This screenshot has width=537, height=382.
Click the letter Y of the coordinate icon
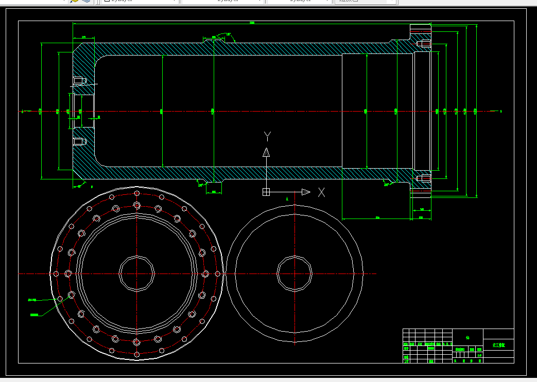tap(267, 136)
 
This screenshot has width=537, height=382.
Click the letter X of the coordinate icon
tap(322, 192)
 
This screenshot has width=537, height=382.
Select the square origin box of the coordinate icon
tap(266, 192)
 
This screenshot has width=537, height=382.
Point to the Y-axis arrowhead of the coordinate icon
tap(266, 152)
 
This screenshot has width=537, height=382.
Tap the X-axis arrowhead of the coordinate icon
tap(306, 192)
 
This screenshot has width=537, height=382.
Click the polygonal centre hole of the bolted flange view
tap(136, 274)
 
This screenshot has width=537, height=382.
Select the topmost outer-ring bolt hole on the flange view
tap(136, 193)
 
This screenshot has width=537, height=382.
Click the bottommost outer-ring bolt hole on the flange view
tap(136, 354)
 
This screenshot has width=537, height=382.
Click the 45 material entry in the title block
tap(467, 338)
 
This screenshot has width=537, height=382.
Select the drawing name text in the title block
tap(498, 345)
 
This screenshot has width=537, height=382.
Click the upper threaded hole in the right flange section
tap(425, 44)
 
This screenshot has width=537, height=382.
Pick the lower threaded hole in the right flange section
tap(425, 178)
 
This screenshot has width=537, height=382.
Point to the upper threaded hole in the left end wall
tap(78, 81)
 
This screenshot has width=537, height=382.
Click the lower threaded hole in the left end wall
tap(78, 141)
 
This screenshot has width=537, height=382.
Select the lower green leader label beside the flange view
tap(34, 314)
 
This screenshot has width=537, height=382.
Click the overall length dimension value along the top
tap(252, 23)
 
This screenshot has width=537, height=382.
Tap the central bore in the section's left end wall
tap(83, 111)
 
